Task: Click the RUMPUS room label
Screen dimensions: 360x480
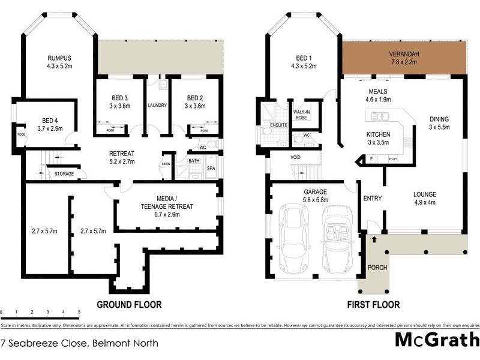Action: (59, 58)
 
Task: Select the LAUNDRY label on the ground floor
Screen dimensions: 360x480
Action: (157, 106)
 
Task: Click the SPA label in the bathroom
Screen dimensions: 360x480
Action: (211, 169)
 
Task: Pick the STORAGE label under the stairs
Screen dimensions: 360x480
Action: (65, 174)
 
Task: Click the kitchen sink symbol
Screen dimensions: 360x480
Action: (380, 116)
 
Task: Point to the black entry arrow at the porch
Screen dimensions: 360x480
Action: (374, 239)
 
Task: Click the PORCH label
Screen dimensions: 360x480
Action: (377, 268)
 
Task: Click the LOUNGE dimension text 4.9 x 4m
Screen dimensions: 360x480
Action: (424, 202)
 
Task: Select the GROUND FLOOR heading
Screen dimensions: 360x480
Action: (129, 305)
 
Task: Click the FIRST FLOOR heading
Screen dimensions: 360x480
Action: (373, 305)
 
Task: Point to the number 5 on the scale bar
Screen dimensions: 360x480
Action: (79, 312)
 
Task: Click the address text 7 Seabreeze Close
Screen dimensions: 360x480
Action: (45, 344)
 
